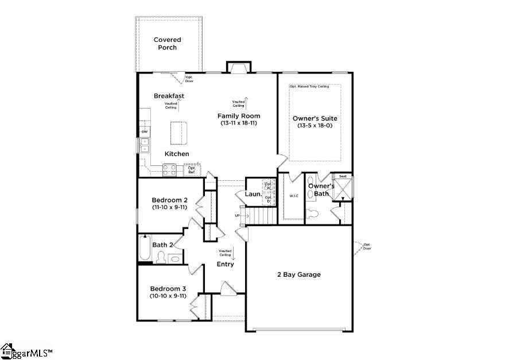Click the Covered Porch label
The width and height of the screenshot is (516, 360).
[x=168, y=44]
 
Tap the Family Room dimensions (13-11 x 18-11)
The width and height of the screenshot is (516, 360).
[x=239, y=123]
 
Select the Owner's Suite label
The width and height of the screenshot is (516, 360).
[x=315, y=118]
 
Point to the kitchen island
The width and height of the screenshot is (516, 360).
[x=179, y=133]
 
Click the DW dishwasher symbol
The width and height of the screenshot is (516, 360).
[x=145, y=132]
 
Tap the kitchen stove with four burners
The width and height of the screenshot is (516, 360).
[x=169, y=169]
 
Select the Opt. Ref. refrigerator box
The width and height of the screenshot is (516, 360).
[x=192, y=170]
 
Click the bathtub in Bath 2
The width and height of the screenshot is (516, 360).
[x=145, y=249]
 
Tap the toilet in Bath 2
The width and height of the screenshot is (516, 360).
[x=161, y=257]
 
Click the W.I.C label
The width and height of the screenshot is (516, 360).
[x=294, y=196]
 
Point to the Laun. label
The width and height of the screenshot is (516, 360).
[x=253, y=194]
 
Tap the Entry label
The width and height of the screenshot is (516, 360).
[x=225, y=264]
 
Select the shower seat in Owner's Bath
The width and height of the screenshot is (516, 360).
[x=343, y=176]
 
